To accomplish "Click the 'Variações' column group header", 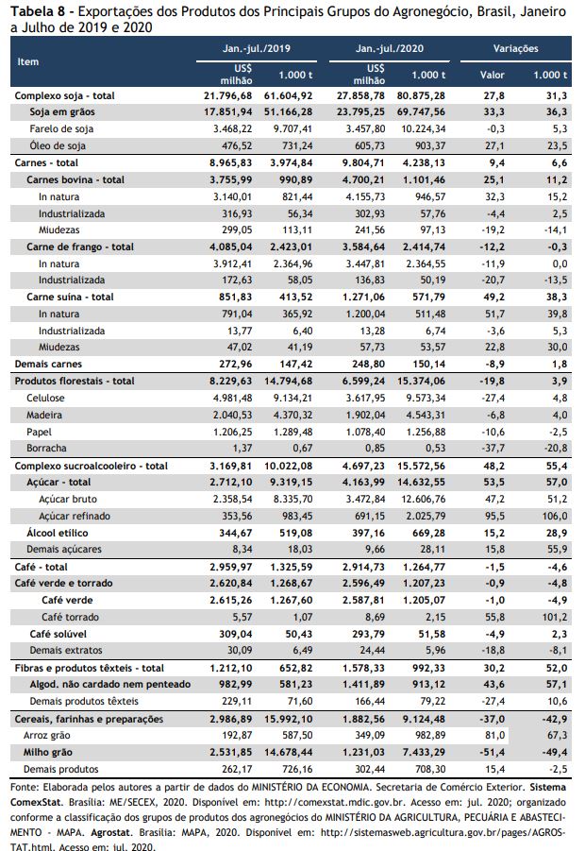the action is point(515,48).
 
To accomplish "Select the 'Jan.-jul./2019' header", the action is point(257,48).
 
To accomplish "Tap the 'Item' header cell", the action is point(27,62).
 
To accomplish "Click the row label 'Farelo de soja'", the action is point(61,129).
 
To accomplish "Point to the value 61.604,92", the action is point(289,95).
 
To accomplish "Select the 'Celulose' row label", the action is point(45,398).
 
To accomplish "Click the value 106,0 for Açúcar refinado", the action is point(555,516).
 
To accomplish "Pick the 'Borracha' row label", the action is point(46,448).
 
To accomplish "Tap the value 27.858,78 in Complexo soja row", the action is point(360,95).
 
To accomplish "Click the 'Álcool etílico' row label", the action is point(58,533).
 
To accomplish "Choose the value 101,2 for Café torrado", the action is point(555,617).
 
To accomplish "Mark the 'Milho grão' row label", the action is point(48,752).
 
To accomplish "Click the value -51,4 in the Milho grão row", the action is point(493,752).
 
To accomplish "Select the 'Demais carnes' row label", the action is point(48,365).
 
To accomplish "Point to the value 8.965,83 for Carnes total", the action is point(231,162).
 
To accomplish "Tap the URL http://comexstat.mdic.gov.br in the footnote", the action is point(322,802).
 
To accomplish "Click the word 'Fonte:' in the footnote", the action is point(25,787).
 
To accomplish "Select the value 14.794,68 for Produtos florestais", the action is point(289,381).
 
